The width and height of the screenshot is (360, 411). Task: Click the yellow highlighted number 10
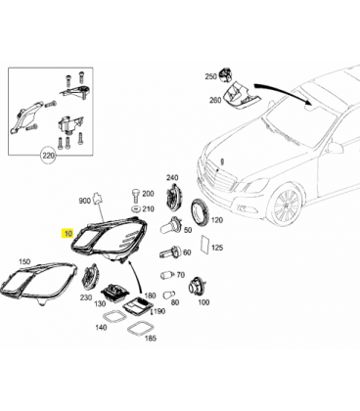(x=67, y=234)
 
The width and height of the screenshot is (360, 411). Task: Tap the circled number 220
(x=48, y=156)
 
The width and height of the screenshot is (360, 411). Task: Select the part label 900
(x=84, y=201)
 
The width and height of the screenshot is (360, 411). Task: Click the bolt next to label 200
(x=135, y=195)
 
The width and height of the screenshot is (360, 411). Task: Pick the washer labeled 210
(x=135, y=208)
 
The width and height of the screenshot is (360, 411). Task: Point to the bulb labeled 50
(x=170, y=225)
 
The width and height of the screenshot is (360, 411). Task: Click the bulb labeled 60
(x=170, y=251)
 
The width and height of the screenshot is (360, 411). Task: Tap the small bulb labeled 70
(x=166, y=275)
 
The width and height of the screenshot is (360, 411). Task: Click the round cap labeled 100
(x=197, y=286)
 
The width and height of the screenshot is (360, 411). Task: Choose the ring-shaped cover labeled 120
(x=201, y=212)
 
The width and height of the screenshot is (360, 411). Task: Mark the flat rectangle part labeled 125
(x=205, y=245)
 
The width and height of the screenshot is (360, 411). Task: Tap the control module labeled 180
(x=137, y=305)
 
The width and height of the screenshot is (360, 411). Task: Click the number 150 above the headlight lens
(x=24, y=261)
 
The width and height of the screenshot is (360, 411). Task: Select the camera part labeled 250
(x=226, y=75)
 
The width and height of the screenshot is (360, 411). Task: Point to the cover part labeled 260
(x=239, y=96)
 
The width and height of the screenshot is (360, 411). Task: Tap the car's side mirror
(x=334, y=147)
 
